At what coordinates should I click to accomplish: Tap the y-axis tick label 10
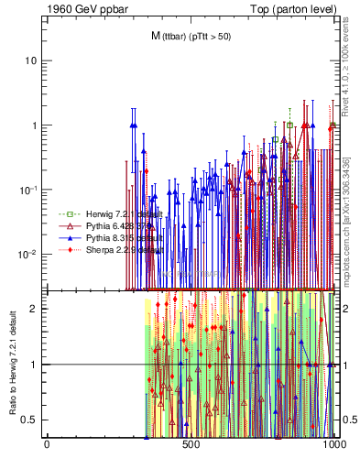coord(31,60)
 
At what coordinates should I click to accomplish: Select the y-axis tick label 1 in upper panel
coord(35,125)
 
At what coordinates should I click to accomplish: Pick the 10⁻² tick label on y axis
coord(28,254)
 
